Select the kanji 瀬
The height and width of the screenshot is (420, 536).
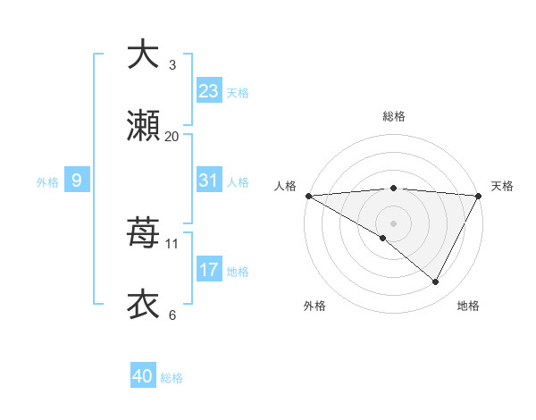[143, 126]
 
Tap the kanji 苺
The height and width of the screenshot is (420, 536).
[143, 233]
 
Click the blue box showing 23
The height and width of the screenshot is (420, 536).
[208, 91]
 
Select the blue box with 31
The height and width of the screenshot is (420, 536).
[208, 181]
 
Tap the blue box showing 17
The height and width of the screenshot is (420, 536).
[208, 270]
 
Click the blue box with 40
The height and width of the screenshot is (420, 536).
[143, 377]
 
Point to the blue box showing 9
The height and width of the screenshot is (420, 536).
[77, 181]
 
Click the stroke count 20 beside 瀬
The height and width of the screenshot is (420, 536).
[172, 136]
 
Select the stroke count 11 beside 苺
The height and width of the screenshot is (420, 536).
[172, 243]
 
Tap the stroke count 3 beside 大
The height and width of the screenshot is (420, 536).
[172, 64]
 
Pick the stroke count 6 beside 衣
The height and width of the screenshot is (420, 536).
[172, 315]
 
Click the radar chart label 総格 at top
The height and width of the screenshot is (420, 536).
[393, 116]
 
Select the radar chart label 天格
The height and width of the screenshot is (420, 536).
[502, 186]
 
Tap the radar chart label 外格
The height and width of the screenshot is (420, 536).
[314, 306]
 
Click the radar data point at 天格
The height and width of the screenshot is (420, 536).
[479, 195]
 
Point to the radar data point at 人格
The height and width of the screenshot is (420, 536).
[308, 195]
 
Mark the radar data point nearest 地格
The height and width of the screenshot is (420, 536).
[436, 281]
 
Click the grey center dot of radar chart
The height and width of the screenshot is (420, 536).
[393, 223]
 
